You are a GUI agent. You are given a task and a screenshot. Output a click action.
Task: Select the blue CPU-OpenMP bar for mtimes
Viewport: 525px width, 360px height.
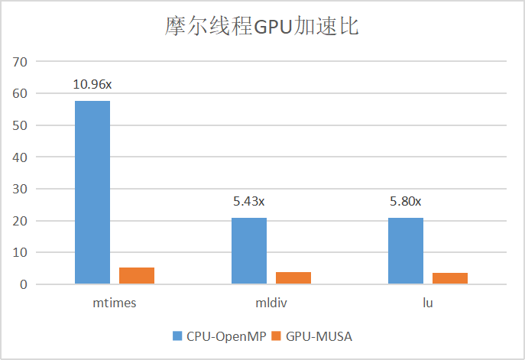coord(92,192)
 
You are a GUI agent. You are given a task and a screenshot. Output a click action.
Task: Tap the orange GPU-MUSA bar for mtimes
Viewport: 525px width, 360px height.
coord(137,276)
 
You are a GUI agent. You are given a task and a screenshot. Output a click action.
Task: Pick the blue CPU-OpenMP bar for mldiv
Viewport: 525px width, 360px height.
coord(249,251)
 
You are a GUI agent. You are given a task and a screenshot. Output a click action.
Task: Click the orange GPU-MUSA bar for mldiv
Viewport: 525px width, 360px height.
coord(293,278)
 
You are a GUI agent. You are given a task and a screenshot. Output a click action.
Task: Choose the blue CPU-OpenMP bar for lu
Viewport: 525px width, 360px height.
coord(406,251)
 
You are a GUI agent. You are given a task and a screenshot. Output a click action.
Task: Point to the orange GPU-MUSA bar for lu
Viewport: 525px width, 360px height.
coord(450,278)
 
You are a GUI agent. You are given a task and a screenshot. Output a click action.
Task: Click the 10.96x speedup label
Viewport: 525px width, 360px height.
coord(92,83)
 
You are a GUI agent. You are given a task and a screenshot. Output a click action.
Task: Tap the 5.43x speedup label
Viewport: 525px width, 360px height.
coord(249,202)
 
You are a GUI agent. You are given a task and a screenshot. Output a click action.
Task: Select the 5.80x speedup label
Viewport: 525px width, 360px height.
coord(406,202)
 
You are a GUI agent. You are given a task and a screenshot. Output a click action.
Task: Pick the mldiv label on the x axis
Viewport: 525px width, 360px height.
coord(271,303)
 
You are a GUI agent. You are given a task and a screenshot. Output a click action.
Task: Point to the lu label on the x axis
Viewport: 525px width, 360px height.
coord(428,303)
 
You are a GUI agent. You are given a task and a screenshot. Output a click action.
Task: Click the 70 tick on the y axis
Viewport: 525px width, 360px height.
coord(21,61)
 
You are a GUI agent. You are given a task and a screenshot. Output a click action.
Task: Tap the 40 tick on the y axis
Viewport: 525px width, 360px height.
coord(21,157)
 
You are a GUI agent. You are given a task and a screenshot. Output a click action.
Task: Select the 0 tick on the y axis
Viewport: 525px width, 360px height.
coord(24,284)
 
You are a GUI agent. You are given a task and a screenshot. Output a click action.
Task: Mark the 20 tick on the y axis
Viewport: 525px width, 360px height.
coord(21,221)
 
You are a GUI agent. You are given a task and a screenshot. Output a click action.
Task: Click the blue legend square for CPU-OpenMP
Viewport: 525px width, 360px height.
coord(177,336)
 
